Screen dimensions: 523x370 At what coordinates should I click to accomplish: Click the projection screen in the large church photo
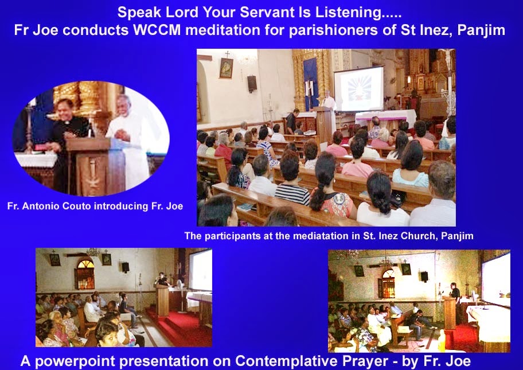(359, 88)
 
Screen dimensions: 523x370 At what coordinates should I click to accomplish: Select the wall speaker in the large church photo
(252, 84)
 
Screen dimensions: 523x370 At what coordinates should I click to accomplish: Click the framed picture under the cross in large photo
(226, 68)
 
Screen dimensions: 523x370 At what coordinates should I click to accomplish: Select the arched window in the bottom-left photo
(85, 274)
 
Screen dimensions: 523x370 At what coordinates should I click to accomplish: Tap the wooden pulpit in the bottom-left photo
(162, 299)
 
